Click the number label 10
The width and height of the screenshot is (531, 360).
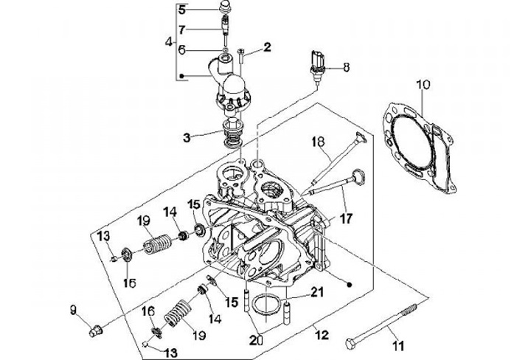point(423,85)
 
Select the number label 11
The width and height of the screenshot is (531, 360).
point(398,346)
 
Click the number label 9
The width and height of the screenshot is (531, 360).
point(74,310)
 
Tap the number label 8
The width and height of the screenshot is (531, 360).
point(346,67)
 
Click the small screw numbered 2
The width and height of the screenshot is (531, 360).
point(241,56)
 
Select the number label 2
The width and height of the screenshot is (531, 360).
point(268,47)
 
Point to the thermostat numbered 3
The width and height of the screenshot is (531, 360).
point(232,134)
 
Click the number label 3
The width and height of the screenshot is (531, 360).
point(187,138)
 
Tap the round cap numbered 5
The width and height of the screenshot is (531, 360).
point(224,7)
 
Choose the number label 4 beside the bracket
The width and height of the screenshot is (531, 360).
point(169,43)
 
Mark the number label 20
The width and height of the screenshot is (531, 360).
point(256,339)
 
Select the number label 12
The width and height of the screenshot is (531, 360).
point(322,335)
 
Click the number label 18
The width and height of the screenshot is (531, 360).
point(319,142)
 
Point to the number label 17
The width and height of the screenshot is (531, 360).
point(346,218)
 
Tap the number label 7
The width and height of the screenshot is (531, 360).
point(183,30)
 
